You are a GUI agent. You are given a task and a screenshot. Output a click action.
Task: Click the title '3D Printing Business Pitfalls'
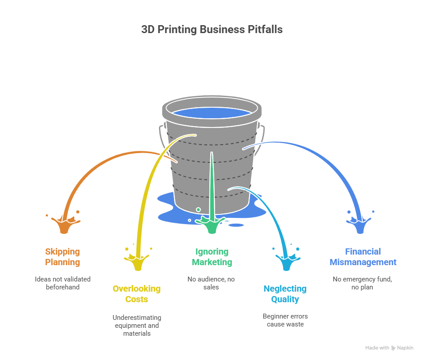tap(212, 30)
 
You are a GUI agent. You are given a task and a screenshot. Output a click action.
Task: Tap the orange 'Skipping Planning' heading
tap(63, 257)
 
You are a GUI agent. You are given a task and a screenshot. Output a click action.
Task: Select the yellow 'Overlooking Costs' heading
tap(136, 294)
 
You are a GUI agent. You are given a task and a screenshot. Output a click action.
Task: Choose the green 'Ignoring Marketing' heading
tap(212, 257)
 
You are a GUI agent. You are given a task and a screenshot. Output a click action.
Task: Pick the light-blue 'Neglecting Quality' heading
tap(285, 294)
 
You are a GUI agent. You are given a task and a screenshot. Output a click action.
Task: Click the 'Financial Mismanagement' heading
tap(363, 257)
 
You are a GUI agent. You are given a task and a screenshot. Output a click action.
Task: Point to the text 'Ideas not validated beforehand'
tap(63, 283)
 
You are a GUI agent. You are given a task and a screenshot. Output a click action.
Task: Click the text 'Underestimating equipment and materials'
tap(136, 326)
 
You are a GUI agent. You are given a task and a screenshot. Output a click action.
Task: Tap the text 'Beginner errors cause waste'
tap(285, 320)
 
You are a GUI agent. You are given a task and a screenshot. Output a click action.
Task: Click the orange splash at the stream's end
tap(64, 225)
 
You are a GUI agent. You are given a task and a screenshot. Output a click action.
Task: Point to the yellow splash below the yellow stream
tap(138, 263)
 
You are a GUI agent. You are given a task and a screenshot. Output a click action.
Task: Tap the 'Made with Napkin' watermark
tap(389, 348)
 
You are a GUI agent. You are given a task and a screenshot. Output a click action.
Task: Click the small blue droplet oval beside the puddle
tap(237, 225)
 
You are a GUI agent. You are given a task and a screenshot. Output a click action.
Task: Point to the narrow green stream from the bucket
tap(212, 185)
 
